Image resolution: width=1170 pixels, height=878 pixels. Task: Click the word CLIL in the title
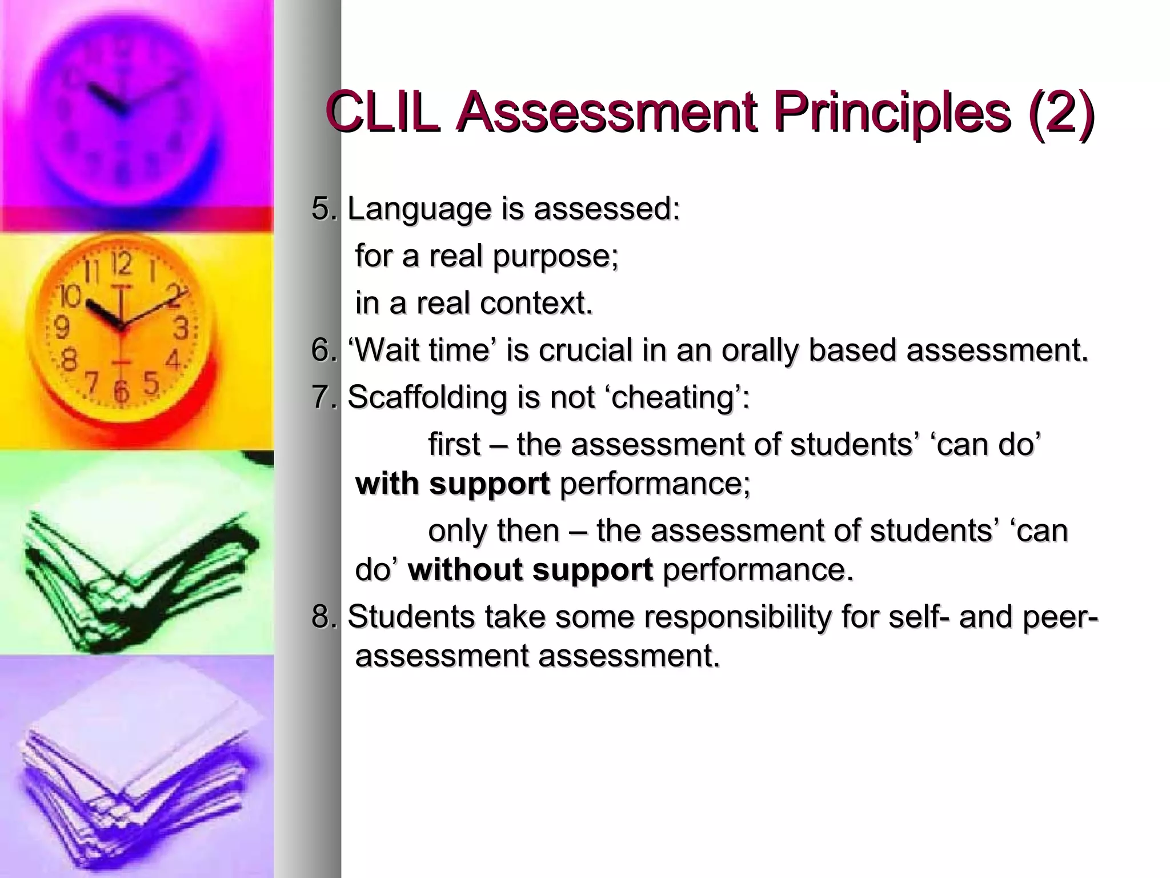click(x=384, y=111)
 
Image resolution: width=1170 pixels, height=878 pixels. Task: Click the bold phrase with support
click(x=452, y=484)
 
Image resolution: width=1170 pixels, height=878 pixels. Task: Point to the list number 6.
click(x=322, y=350)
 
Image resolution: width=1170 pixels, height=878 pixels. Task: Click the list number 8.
click(x=322, y=617)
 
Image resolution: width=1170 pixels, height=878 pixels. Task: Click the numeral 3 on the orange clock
click(x=181, y=329)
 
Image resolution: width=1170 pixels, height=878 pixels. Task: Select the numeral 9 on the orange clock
click(x=62, y=328)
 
